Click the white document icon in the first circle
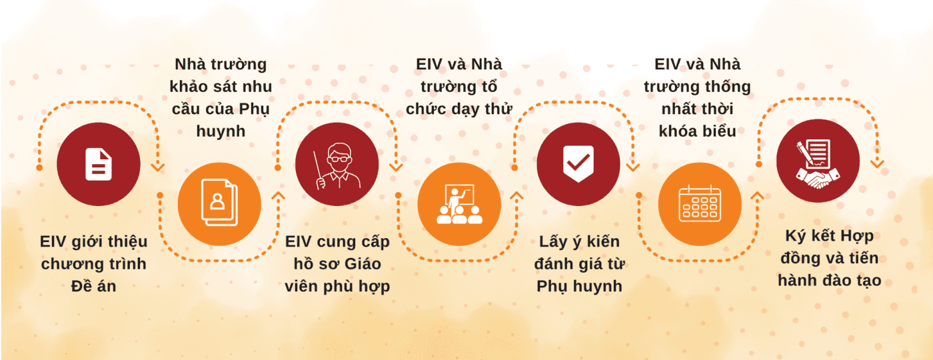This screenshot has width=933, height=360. pyautogui.click(x=99, y=164)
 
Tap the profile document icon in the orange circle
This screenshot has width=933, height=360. pyautogui.click(x=219, y=203)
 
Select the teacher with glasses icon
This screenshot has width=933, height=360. pyautogui.click(x=337, y=166)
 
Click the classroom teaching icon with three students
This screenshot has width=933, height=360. pyautogui.click(x=459, y=204)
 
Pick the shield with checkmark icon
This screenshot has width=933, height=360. pyautogui.click(x=578, y=164)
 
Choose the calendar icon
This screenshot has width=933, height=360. pyautogui.click(x=700, y=204)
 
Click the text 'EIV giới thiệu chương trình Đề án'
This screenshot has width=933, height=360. pyautogui.click(x=94, y=264)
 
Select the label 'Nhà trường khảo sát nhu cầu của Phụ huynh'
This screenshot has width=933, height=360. pyautogui.click(x=221, y=97)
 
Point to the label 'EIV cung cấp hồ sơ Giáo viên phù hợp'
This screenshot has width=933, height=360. pyautogui.click(x=337, y=264)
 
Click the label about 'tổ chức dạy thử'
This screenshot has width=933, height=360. pyautogui.click(x=459, y=87)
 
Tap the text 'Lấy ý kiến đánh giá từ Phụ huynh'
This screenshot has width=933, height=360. pyautogui.click(x=579, y=264)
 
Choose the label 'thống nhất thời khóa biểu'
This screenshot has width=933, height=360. pyautogui.click(x=697, y=97)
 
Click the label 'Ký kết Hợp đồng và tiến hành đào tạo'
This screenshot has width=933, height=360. pyautogui.click(x=830, y=259)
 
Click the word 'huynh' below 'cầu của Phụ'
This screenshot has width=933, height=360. pyautogui.click(x=221, y=131)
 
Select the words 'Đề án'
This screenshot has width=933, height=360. pyautogui.click(x=94, y=286)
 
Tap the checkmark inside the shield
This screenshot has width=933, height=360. pyautogui.click(x=578, y=162)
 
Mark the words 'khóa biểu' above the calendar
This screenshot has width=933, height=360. pyautogui.click(x=697, y=131)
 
